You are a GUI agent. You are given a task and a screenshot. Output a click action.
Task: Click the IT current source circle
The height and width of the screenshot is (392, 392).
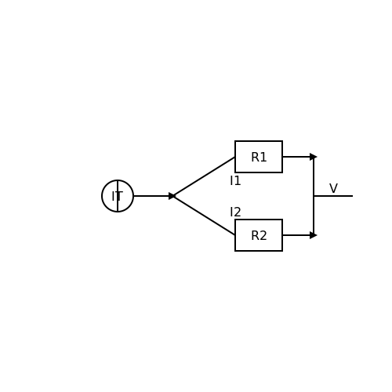point(102,196)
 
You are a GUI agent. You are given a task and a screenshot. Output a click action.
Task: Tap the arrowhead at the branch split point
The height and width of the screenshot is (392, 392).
point(172,196)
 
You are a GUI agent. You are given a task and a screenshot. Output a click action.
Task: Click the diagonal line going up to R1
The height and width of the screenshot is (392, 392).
point(204,176)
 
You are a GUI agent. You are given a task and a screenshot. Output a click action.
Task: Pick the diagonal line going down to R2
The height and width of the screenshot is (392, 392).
point(204,216)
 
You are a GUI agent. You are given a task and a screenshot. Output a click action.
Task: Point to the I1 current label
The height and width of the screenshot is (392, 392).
point(235,180)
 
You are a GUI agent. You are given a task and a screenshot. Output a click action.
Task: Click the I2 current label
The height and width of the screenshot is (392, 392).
point(235,212)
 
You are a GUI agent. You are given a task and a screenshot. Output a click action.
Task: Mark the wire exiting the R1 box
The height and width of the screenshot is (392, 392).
point(298,157)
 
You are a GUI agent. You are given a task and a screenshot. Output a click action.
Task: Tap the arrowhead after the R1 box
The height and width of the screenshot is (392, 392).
point(314,157)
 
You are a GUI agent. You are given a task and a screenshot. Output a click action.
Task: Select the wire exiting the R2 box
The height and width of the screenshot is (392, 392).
point(298,235)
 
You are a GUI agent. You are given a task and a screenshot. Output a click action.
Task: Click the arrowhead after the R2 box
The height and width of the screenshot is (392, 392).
point(314,235)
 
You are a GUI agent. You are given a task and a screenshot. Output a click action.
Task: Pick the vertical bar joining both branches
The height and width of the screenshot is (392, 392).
point(314,196)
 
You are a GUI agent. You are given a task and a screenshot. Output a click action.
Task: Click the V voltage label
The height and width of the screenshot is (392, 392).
point(333,188)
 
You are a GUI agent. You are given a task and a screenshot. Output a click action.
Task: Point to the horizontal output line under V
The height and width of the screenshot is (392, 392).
point(333,196)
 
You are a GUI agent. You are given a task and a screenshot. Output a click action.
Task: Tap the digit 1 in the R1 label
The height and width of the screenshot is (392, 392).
point(263,158)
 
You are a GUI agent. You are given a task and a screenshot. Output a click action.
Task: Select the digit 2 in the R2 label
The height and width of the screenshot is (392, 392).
point(263,236)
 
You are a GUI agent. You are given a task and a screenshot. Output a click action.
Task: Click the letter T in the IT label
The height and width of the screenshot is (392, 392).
point(119,196)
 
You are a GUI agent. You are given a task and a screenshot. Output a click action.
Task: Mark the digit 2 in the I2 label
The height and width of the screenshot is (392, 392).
point(238,212)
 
